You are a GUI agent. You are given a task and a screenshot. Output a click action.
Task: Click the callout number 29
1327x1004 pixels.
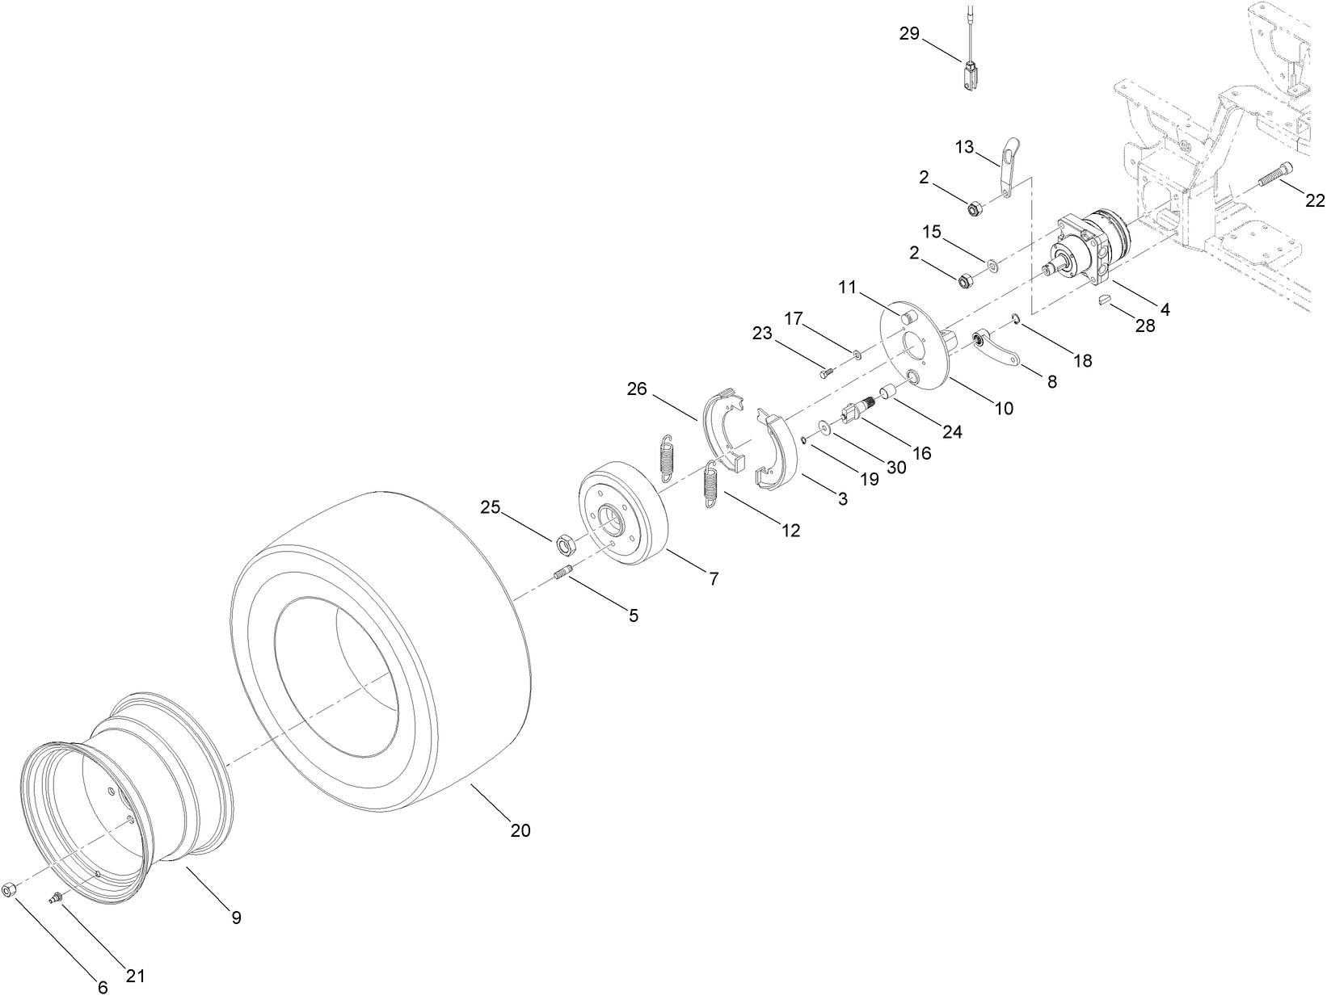point(910,33)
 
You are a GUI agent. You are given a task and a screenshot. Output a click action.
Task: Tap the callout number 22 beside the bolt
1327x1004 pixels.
point(1315,200)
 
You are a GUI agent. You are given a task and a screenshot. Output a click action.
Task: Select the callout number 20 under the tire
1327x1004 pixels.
point(520,830)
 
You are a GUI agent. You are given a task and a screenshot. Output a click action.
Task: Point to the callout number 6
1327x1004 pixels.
point(103,988)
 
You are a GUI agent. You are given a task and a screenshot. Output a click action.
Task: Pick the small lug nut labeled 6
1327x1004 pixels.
point(9,889)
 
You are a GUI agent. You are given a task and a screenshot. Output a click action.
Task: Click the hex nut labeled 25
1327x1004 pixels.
point(566,545)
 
